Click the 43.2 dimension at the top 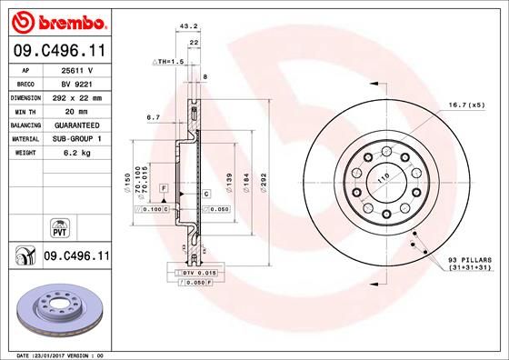[x=190, y=27]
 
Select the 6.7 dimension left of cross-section [x=153, y=117]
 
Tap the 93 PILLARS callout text [x=468, y=262]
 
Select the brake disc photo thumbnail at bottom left [x=59, y=309]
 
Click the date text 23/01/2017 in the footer [x=61, y=354]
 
